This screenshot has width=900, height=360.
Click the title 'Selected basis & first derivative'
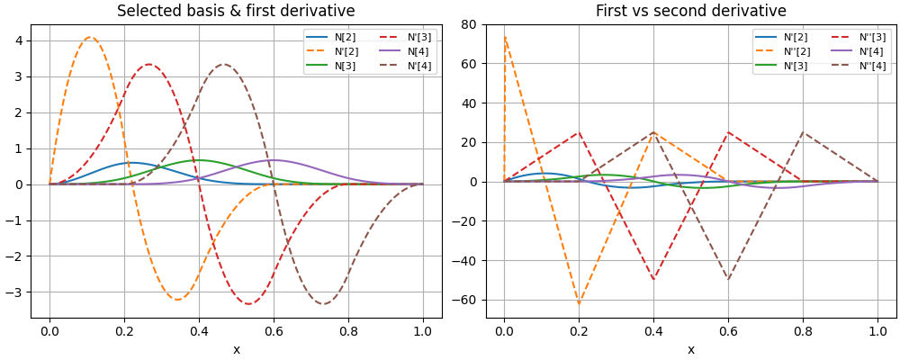(236, 11)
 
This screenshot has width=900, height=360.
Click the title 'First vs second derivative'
(690, 11)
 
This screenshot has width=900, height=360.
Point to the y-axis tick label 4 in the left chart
(19, 40)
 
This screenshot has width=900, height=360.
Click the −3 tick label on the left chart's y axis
(15, 292)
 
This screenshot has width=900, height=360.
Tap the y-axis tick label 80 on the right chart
(468, 24)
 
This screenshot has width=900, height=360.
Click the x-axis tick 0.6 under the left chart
(274, 332)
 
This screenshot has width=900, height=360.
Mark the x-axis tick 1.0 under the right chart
(877, 332)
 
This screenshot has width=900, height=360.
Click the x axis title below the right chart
(690, 349)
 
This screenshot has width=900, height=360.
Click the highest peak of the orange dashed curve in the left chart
(90, 37)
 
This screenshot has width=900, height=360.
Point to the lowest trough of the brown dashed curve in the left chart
(323, 303)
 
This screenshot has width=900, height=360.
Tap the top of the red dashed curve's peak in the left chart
(149, 64)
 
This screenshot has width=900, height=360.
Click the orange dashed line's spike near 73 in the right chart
(505, 37)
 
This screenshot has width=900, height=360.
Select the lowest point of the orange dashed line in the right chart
(579, 303)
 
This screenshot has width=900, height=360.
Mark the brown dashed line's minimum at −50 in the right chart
(728, 280)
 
